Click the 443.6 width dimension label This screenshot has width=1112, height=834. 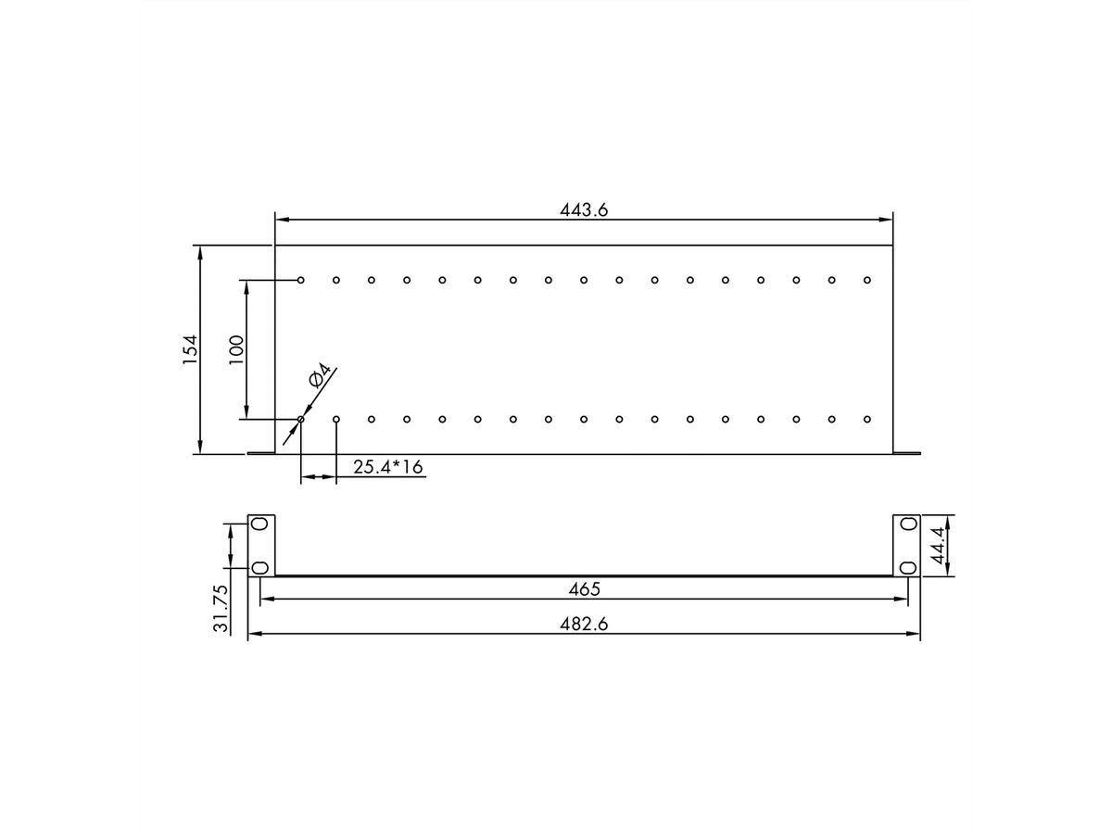pyautogui.click(x=583, y=209)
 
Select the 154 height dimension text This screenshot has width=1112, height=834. pyautogui.click(x=190, y=349)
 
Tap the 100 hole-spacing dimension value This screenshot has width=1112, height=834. pyautogui.click(x=236, y=349)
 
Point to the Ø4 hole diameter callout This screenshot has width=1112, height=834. pyautogui.click(x=320, y=375)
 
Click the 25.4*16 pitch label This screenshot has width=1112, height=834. pyautogui.click(x=387, y=467)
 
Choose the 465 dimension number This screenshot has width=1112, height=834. pyautogui.click(x=584, y=589)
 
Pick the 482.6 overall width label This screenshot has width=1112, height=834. pyautogui.click(x=583, y=625)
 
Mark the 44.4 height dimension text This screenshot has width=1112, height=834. pyautogui.click(x=938, y=545)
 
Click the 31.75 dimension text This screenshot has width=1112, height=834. pyautogui.click(x=221, y=608)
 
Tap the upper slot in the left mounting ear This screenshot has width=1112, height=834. pyautogui.click(x=259, y=524)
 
